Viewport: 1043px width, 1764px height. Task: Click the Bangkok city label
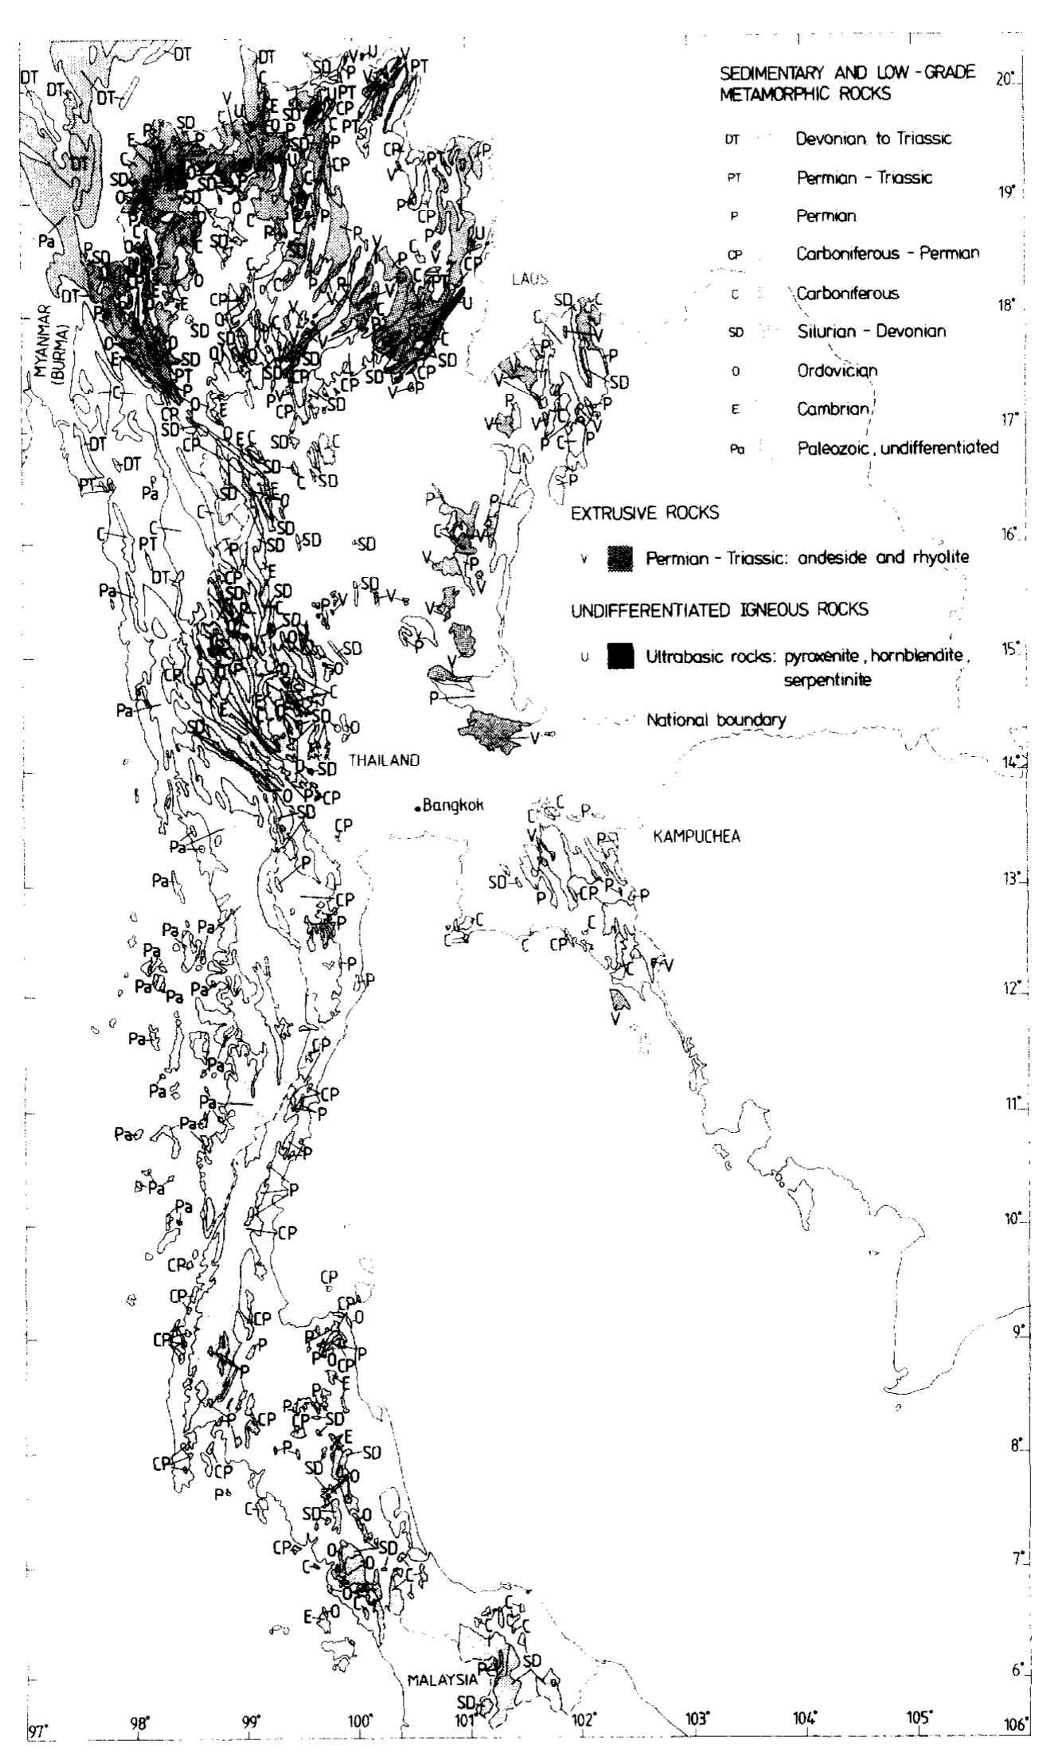click(x=454, y=805)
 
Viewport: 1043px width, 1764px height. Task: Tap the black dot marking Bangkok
click(x=417, y=809)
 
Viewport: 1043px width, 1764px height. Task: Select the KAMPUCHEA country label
click(x=697, y=837)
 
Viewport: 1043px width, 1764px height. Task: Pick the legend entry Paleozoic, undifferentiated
click(x=897, y=447)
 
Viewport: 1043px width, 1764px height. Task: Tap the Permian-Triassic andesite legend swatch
click(x=620, y=558)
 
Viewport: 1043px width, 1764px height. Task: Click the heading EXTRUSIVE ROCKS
click(x=644, y=513)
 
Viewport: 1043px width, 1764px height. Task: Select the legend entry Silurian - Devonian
click(x=872, y=331)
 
